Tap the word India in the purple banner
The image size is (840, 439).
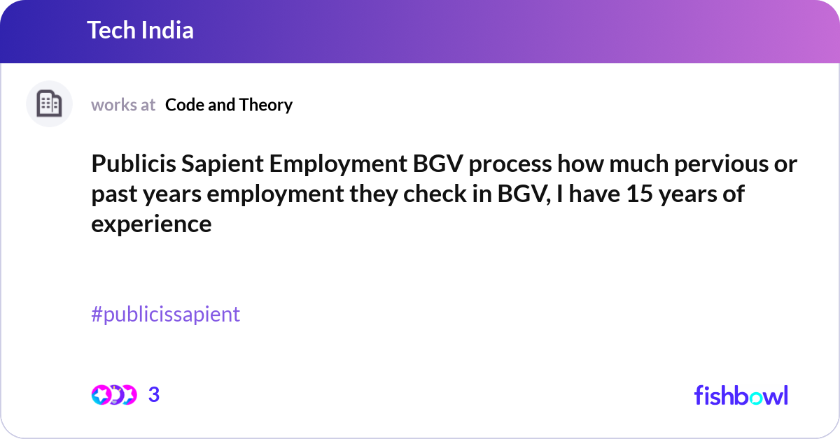click(x=167, y=30)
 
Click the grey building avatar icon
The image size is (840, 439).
click(x=49, y=104)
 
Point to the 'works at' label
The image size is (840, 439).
click(x=123, y=105)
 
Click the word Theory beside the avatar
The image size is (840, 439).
click(x=265, y=105)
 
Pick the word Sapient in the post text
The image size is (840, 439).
click(x=218, y=165)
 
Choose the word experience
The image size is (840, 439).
click(x=151, y=224)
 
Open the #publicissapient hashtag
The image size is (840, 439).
click(x=165, y=315)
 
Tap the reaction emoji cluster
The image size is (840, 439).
click(x=113, y=395)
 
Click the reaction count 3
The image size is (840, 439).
click(x=154, y=395)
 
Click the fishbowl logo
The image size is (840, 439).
click(x=741, y=395)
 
